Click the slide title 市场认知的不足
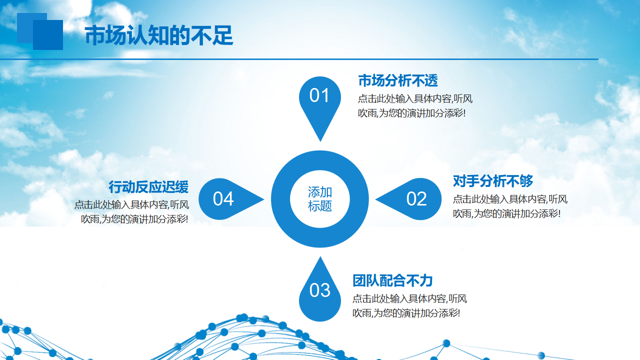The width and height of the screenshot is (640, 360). tap(159, 35)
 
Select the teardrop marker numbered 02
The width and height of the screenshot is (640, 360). tap(408, 199)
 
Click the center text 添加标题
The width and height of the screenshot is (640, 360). tap(320, 199)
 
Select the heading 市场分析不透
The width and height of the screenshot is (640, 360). tap(398, 80)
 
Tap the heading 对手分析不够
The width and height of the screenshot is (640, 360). tap(493, 181)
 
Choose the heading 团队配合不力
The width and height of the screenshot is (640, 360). tap(392, 280)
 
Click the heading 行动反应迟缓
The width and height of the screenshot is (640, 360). tap(148, 187)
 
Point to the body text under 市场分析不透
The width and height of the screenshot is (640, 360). tap(415, 106)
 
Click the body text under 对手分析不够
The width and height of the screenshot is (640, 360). tap(510, 206)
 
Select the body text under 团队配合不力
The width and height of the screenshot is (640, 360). tap(409, 306)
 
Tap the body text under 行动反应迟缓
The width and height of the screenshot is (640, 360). tap(131, 212)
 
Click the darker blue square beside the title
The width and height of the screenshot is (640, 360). tap(48, 35)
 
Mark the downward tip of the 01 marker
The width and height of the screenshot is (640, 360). tap(320, 141)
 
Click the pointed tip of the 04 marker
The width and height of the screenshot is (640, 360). tap(264, 199)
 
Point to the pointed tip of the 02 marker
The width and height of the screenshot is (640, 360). tap(375, 199)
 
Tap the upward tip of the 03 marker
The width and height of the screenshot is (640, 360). tap(320, 257)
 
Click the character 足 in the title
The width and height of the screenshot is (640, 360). tap(223, 35)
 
